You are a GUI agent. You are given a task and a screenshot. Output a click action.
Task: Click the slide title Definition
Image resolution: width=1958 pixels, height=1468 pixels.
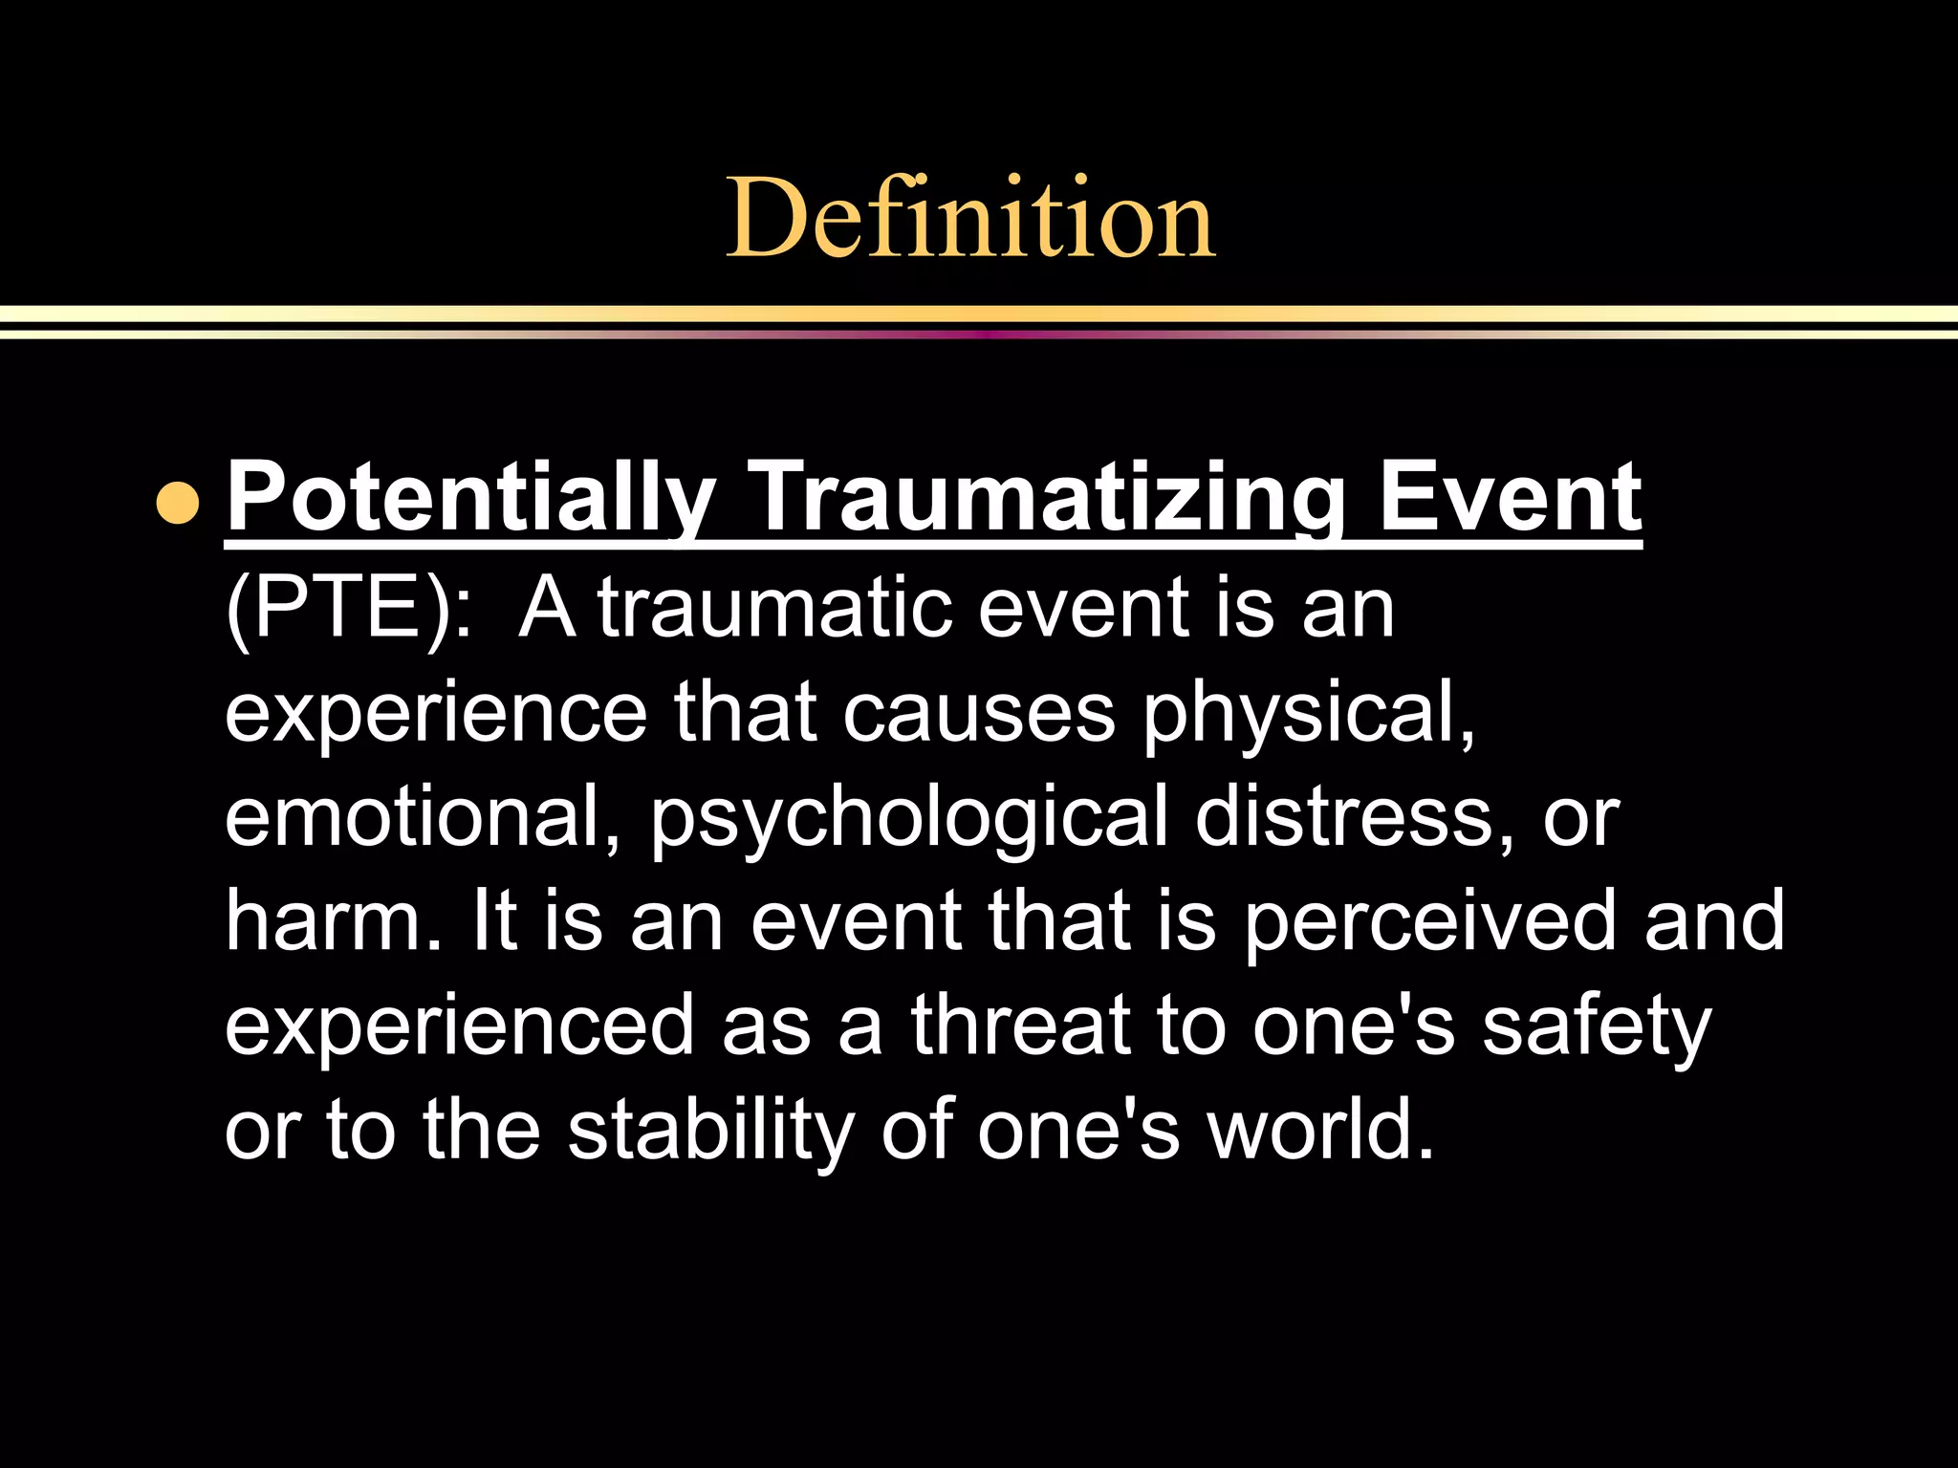tap(970, 218)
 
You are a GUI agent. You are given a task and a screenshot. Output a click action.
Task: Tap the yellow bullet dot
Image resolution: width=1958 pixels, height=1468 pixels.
tap(178, 503)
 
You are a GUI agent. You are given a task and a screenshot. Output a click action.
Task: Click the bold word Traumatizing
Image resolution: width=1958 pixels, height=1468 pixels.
tap(1048, 499)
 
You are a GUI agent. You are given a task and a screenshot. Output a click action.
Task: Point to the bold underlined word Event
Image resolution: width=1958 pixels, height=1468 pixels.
tap(1510, 497)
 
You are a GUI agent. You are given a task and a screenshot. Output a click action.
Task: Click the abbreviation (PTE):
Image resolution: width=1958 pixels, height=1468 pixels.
tap(349, 608)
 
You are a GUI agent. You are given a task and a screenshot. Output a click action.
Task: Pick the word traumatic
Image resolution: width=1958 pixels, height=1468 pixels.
tap(775, 608)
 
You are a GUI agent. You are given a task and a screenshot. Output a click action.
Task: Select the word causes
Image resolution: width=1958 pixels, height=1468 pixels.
tap(978, 712)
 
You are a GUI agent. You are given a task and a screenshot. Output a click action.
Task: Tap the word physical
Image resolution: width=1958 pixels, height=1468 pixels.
tap(1310, 712)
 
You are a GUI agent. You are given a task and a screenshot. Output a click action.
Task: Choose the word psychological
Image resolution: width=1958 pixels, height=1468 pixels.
tap(909, 817)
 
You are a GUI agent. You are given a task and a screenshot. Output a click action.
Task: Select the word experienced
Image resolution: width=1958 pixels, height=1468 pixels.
tap(460, 1025)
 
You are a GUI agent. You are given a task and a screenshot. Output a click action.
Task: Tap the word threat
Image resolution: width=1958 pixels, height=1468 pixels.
tap(1020, 1025)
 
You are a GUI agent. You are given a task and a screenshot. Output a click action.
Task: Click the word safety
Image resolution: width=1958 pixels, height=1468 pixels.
tap(1597, 1025)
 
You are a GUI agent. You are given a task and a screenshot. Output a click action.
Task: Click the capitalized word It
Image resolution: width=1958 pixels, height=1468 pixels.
tap(495, 920)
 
